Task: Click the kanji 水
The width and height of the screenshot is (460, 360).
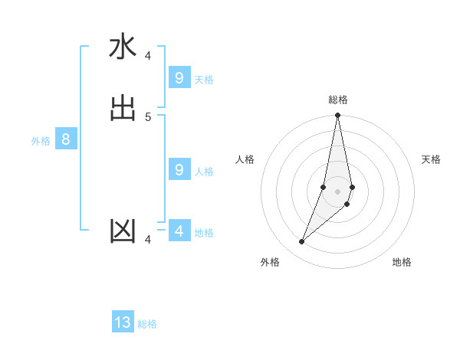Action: [123, 47]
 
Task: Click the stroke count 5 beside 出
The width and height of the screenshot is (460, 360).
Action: [148, 116]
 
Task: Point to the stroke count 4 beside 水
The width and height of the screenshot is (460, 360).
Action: [148, 55]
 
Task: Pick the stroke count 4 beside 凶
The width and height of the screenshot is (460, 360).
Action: [148, 239]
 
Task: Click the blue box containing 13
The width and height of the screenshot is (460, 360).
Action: [123, 322]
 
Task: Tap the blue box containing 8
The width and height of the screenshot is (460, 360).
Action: [66, 139]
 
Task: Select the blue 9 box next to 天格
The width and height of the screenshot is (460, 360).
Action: [179, 78]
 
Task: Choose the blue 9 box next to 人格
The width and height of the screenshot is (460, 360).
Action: [179, 170]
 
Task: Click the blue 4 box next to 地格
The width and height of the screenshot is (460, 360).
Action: [179, 231]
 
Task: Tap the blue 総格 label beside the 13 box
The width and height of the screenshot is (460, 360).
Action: [147, 324]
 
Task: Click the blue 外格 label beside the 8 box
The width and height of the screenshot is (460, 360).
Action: [41, 141]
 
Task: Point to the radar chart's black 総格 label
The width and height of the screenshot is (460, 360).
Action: [338, 100]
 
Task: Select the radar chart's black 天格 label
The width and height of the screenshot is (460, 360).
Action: [432, 159]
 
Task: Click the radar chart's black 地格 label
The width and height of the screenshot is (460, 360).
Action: [402, 262]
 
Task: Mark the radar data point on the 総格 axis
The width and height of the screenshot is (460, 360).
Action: [338, 116]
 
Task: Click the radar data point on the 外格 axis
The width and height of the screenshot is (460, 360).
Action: [301, 242]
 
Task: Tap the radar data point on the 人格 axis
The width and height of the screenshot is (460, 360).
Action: [324, 187]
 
